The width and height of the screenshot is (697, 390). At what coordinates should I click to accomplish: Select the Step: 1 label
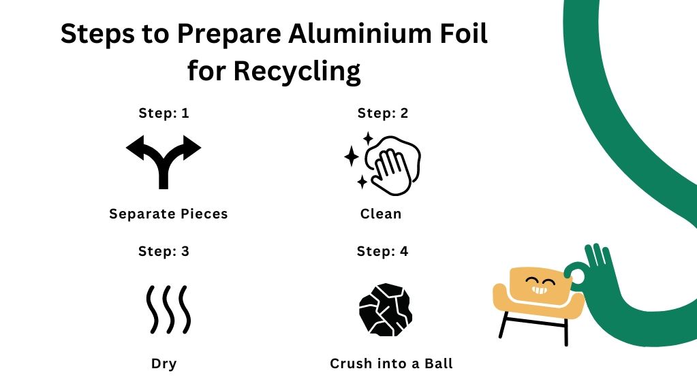(164, 113)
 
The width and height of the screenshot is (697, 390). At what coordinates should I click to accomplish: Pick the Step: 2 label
(382, 113)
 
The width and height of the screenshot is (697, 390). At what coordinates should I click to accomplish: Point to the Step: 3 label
(164, 251)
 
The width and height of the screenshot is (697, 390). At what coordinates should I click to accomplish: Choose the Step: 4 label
(382, 251)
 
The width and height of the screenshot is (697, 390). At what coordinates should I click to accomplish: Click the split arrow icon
(164, 161)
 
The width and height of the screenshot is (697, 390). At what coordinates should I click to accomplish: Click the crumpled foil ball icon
(386, 309)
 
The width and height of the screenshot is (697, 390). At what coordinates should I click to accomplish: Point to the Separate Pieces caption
(168, 214)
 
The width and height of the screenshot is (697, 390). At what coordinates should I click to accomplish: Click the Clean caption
(381, 214)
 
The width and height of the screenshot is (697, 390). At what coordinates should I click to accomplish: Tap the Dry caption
(164, 363)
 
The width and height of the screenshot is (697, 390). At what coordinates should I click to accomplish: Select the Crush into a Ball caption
(391, 363)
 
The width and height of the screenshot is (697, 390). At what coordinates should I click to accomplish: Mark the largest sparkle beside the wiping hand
(352, 157)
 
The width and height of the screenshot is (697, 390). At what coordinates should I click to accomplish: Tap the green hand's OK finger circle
(578, 276)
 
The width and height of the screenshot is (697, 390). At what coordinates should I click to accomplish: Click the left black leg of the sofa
(505, 325)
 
